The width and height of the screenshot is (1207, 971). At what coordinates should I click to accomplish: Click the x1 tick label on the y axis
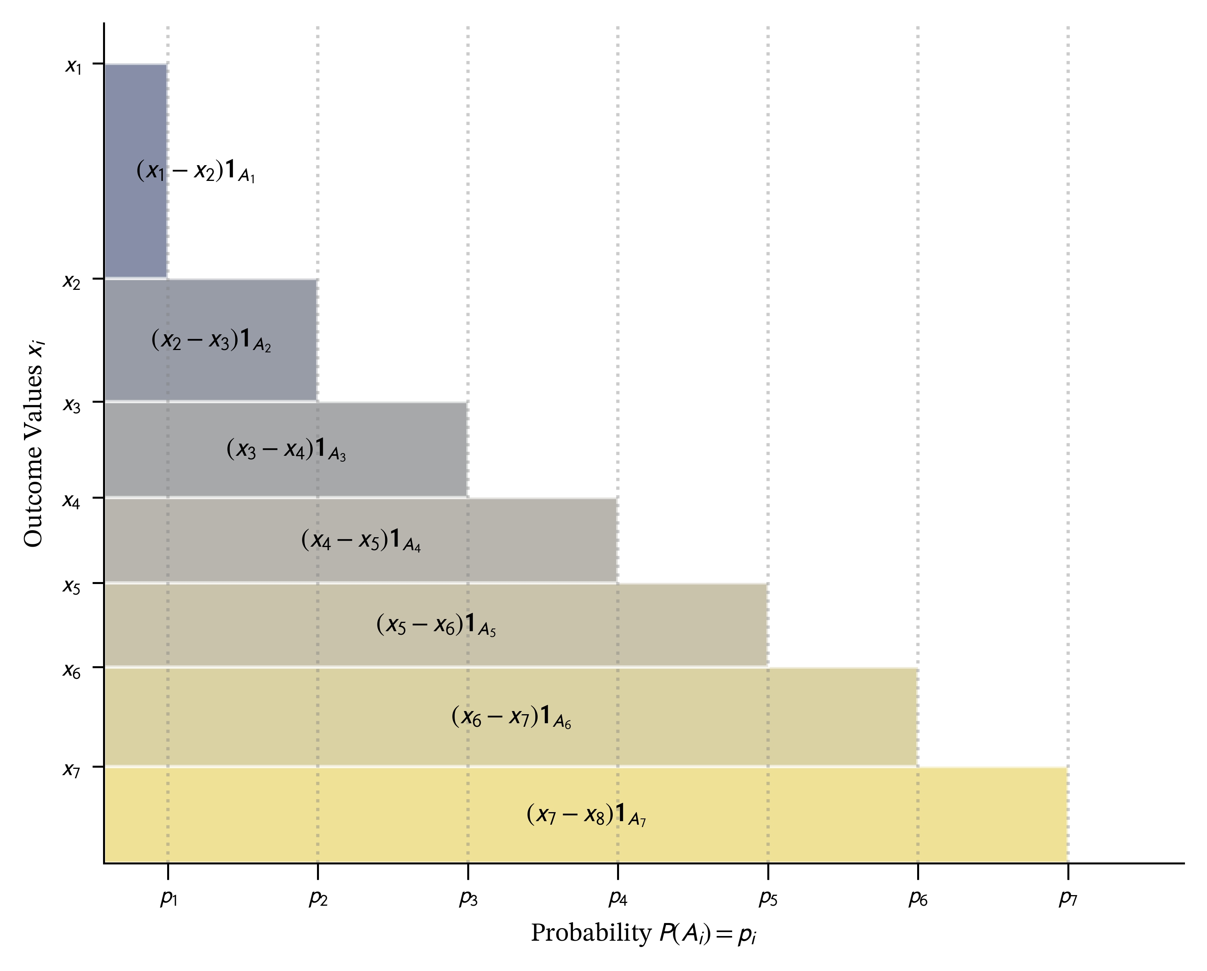coord(73,66)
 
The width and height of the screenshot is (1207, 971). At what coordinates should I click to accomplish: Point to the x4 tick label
coord(72,501)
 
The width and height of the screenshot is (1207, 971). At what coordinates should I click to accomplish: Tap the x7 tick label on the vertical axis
coord(72,769)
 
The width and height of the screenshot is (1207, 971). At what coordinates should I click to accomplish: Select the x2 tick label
coord(72,281)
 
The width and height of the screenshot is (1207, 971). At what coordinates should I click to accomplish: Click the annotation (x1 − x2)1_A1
coord(195,170)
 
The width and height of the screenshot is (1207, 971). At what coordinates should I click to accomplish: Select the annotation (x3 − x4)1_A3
coord(286,449)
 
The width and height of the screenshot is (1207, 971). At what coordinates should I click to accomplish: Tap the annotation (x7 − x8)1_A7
coord(586,815)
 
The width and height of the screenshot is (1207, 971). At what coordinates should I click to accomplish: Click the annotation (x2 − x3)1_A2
coord(211,340)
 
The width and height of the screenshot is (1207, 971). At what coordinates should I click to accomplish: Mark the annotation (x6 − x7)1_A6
coord(511,717)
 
